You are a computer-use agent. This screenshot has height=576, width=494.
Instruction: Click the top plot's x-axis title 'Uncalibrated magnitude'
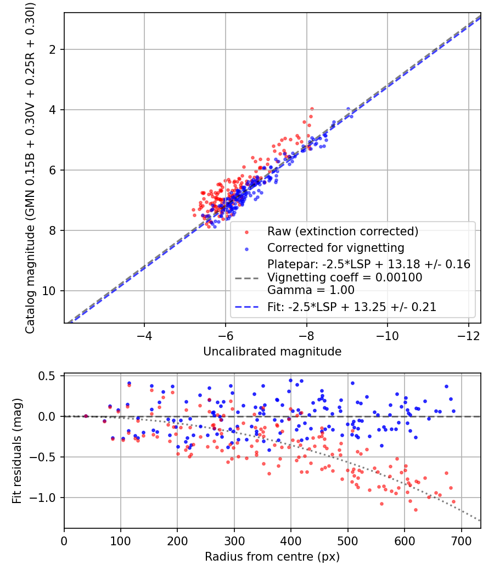coord(272,352)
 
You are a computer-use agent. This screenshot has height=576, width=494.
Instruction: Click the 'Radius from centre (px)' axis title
coord(272,557)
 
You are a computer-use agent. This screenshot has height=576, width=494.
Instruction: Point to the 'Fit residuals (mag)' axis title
coord(17,451)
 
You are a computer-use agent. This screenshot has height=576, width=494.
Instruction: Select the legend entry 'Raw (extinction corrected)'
coord(343,231)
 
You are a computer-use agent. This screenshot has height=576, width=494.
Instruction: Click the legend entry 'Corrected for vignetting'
coord(336,247)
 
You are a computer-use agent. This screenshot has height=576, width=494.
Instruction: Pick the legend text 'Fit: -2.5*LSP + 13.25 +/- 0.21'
coord(352,307)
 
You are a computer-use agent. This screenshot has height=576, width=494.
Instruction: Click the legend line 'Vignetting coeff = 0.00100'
coord(345,278)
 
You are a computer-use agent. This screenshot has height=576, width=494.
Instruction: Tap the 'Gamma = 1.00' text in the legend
coord(311,290)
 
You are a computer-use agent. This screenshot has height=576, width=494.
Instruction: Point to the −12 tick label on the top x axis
coord(468,336)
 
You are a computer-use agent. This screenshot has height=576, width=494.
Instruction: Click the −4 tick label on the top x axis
coord(144,336)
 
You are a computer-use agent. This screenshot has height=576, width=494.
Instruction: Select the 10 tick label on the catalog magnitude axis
coord(49,291)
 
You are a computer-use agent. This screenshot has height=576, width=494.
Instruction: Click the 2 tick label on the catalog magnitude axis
coord(53,49)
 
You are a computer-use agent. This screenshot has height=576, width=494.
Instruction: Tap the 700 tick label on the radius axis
coord(461,541)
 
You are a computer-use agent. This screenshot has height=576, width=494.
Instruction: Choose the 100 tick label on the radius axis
coord(121,541)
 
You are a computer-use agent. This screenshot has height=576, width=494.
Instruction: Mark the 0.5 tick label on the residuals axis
coord(47,376)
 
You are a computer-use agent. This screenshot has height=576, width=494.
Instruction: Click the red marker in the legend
coord(246,232)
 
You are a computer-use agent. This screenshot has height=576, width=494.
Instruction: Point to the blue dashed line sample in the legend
coord(246,307)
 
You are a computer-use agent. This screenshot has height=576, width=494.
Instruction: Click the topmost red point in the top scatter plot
coord(312,109)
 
